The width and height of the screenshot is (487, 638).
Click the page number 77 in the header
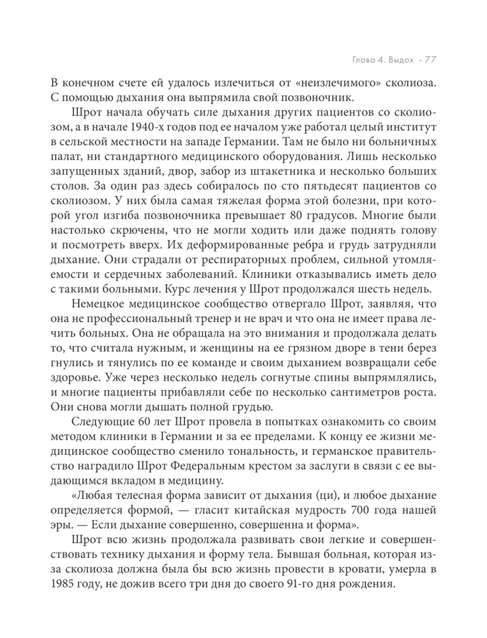[427, 60]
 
